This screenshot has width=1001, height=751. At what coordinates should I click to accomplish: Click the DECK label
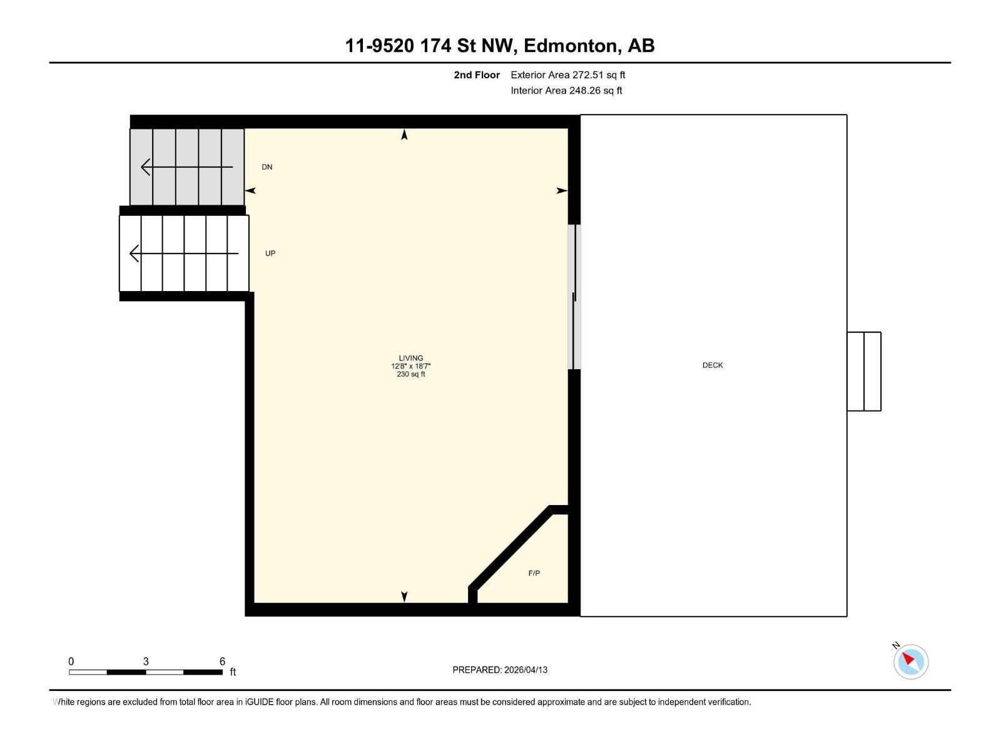pyautogui.click(x=713, y=365)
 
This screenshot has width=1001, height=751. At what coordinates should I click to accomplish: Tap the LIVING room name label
pyautogui.click(x=411, y=358)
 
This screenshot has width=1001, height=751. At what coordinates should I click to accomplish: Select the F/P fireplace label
pyautogui.click(x=534, y=573)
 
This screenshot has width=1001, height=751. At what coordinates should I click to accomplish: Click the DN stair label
pyautogui.click(x=267, y=167)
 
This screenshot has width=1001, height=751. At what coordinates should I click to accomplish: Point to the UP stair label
pyautogui.click(x=270, y=253)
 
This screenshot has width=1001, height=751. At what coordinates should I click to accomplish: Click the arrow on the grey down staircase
pyautogui.click(x=187, y=167)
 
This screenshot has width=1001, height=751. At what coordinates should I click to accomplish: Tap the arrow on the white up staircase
pyautogui.click(x=184, y=253)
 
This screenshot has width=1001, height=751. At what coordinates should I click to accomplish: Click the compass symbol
pyautogui.click(x=910, y=662)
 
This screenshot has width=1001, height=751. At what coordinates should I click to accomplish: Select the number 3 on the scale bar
pyautogui.click(x=146, y=661)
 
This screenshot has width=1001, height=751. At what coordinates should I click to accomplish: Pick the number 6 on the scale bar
pyautogui.click(x=222, y=661)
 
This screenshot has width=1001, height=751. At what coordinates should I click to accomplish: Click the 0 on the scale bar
pyautogui.click(x=71, y=661)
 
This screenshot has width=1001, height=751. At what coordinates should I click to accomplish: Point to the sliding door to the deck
pyautogui.click(x=574, y=297)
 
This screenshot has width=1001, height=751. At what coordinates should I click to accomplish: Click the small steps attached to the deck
pyautogui.click(x=864, y=371)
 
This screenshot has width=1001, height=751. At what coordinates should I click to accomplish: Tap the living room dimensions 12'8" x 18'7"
pyautogui.click(x=411, y=366)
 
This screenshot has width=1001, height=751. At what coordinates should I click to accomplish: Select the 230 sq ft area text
pyautogui.click(x=411, y=374)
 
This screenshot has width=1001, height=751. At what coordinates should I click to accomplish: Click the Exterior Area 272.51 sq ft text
pyautogui.click(x=568, y=74)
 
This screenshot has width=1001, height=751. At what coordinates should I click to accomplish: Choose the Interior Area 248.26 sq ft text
pyautogui.click(x=566, y=90)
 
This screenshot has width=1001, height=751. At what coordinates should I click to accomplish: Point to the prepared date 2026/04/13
pyautogui.click(x=526, y=670)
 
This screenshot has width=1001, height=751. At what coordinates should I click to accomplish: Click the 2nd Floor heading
pyautogui.click(x=477, y=74)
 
